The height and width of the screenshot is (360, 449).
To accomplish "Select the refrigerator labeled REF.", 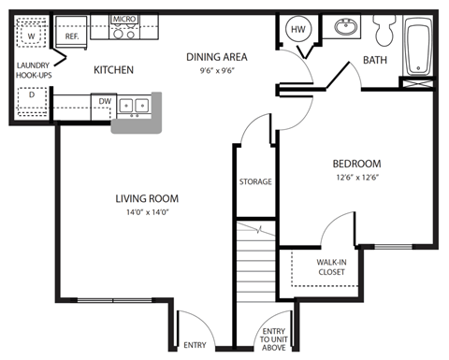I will (72, 36).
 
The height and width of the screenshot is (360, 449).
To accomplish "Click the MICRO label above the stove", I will (123, 19).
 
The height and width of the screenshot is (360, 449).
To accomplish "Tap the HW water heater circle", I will (299, 31).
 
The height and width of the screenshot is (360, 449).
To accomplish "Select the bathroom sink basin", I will (345, 27).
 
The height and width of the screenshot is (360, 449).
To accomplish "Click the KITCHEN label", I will (113, 70).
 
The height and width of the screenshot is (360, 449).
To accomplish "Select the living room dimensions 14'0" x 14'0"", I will (147, 211).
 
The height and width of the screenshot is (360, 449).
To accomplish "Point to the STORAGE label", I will (255, 181).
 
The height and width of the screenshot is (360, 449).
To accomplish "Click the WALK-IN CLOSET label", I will (330, 266).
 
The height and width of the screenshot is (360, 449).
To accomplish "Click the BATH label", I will (377, 64).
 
